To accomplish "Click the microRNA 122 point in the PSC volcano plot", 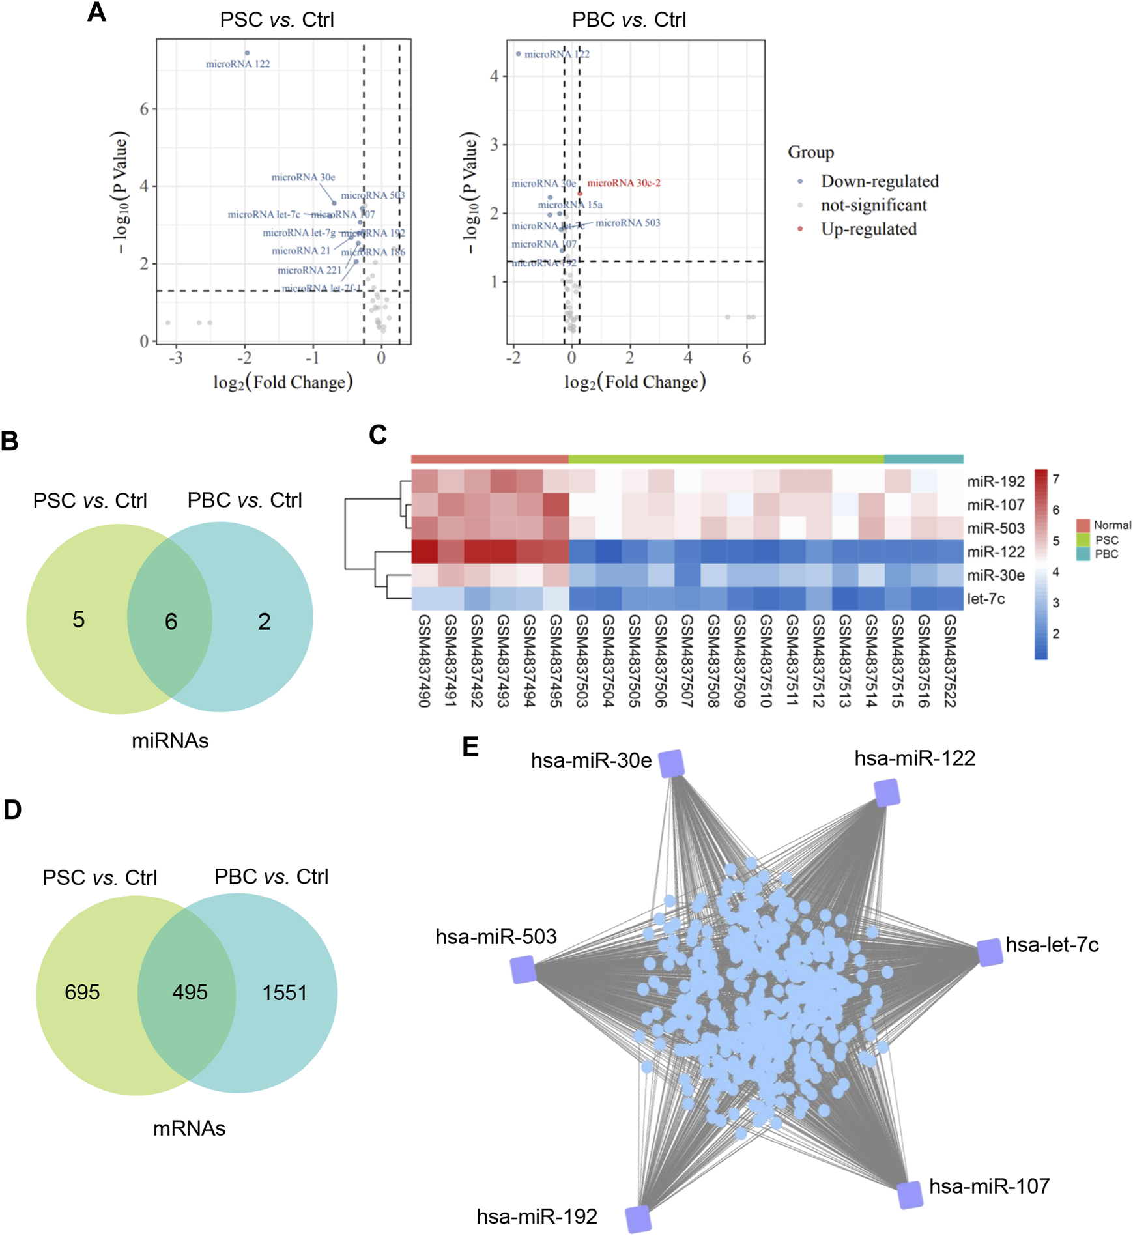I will coord(247,53).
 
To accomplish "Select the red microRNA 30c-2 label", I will coord(624,183).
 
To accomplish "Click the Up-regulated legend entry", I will coord(868,229).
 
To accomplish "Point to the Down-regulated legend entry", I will coord(879,181).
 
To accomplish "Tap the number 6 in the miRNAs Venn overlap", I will coord(171,622).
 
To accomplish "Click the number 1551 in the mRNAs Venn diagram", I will coord(284,993).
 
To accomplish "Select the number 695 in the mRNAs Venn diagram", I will coord(82,992).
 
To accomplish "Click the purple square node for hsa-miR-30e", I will coord(671,763).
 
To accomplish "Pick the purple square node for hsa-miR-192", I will coord(638,1219).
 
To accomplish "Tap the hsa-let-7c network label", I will coord(1052,945).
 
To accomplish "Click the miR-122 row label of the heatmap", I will coord(996,552).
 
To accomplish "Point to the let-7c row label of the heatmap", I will coord(986,599).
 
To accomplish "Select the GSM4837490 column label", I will coord(424,660).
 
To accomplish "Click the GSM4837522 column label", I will coord(950,660).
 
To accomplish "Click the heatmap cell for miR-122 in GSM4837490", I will coord(424,552).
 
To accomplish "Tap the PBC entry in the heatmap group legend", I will coord(1106,554).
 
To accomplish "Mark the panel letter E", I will coord(470,747).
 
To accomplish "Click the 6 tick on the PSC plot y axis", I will coord(144,109).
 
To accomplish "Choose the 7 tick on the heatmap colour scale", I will coord(1055,480).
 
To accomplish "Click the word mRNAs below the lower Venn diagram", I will coord(189,1128).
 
